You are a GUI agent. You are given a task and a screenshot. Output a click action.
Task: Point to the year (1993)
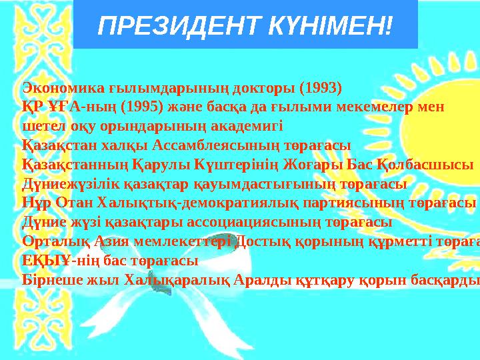click(320, 87)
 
